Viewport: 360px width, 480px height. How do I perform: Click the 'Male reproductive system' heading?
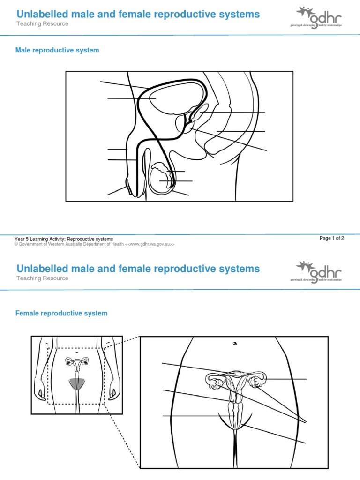(x=58, y=50)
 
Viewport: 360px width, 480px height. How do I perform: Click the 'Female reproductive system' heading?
(x=62, y=313)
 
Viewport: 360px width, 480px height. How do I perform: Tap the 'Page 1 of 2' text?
(x=332, y=238)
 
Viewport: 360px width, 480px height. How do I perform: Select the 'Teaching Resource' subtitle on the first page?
(x=42, y=24)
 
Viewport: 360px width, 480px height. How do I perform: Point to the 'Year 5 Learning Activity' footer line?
(x=64, y=239)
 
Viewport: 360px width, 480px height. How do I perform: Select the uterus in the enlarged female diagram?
(x=236, y=382)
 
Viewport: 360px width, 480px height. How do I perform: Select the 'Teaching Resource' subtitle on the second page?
(x=42, y=278)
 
